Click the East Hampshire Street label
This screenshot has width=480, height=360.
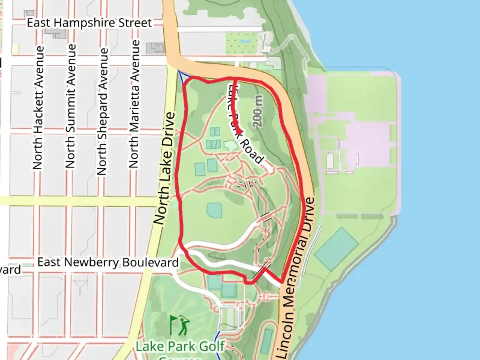coord(89,23)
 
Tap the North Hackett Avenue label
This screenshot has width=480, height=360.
coord(38,108)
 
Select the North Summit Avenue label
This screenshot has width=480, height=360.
coord(70,106)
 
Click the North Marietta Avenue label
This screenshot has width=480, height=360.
coord(134,104)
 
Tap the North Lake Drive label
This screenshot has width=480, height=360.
coord(164,168)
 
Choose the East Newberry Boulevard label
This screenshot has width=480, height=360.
coord(108,262)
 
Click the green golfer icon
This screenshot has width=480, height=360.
coord(180,325)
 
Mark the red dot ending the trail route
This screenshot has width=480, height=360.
coord(239,132)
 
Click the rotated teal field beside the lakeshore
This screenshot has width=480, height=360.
coord(336,249)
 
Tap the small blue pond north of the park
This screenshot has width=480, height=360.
coord(245,42)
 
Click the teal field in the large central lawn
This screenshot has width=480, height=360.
coord(214,210)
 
